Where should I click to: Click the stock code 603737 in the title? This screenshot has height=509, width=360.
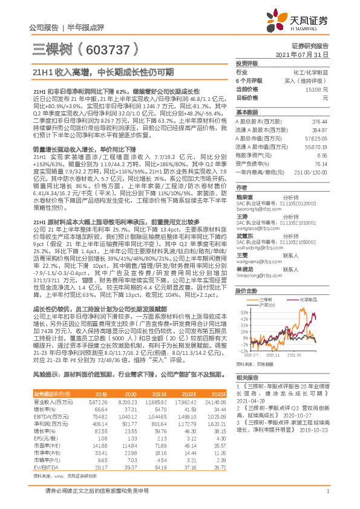[x=103, y=48]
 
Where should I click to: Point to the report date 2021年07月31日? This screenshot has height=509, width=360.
[x=306, y=54]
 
